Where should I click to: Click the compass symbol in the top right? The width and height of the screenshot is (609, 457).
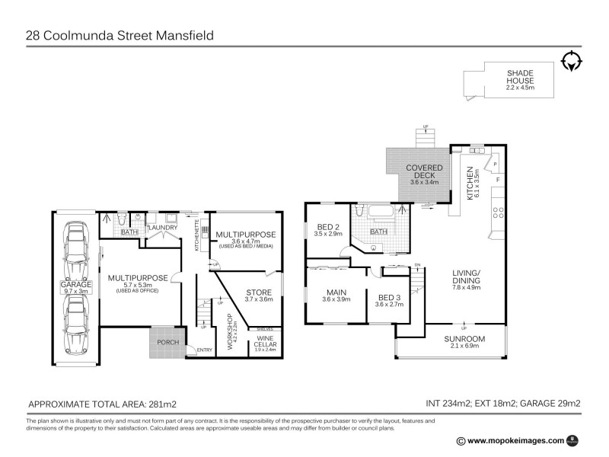pos(572,61)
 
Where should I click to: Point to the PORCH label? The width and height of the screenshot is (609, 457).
pos(167,342)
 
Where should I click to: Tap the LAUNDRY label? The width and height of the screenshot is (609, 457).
pos(162,226)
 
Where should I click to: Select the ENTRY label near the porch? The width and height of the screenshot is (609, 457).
pos(205,350)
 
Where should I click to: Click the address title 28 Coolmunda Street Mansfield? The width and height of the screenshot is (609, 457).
pos(120,35)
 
